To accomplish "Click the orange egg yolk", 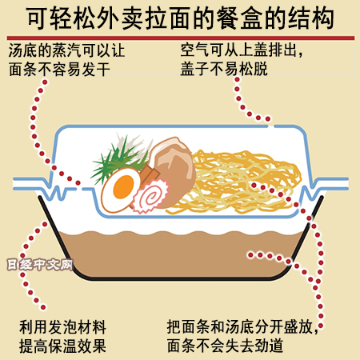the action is [x=123, y=186].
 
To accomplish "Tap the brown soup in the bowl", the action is [x=182, y=254].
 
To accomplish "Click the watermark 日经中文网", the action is [x=40, y=265].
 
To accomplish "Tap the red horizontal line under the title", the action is [x=181, y=38].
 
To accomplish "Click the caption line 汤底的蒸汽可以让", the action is [x=66, y=50].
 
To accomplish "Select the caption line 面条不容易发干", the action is [x=59, y=69].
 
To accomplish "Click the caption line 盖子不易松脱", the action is [x=224, y=69].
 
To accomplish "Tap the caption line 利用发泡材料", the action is [x=62, y=327].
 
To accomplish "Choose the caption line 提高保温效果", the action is [x=62, y=346].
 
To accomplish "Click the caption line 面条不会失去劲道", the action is [x=225, y=346].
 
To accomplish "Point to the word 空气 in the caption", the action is [x=195, y=50].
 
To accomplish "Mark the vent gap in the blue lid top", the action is [x=271, y=126].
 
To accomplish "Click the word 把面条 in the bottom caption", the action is [x=189, y=326].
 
